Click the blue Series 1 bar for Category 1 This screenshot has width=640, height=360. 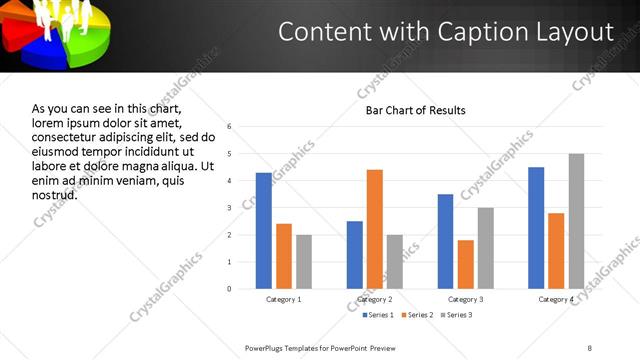[x=264, y=231]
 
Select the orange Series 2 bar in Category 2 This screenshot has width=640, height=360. [x=375, y=229]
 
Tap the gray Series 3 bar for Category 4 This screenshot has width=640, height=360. [x=576, y=221]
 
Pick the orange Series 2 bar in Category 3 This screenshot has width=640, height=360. [x=466, y=264]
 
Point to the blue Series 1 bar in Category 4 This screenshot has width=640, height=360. [x=536, y=228]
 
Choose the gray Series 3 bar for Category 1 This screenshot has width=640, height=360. [x=304, y=262]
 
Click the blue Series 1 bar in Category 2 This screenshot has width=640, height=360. [x=355, y=255]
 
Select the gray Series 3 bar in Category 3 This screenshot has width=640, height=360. [x=486, y=248]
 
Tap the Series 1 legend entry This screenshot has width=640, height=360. [x=379, y=316]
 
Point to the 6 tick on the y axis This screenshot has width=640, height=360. [x=230, y=127]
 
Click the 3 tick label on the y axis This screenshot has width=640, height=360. [x=230, y=208]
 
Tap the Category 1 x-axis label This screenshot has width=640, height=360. [x=284, y=300]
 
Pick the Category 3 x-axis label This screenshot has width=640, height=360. [x=466, y=300]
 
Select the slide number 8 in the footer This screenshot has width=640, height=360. [x=589, y=347]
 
